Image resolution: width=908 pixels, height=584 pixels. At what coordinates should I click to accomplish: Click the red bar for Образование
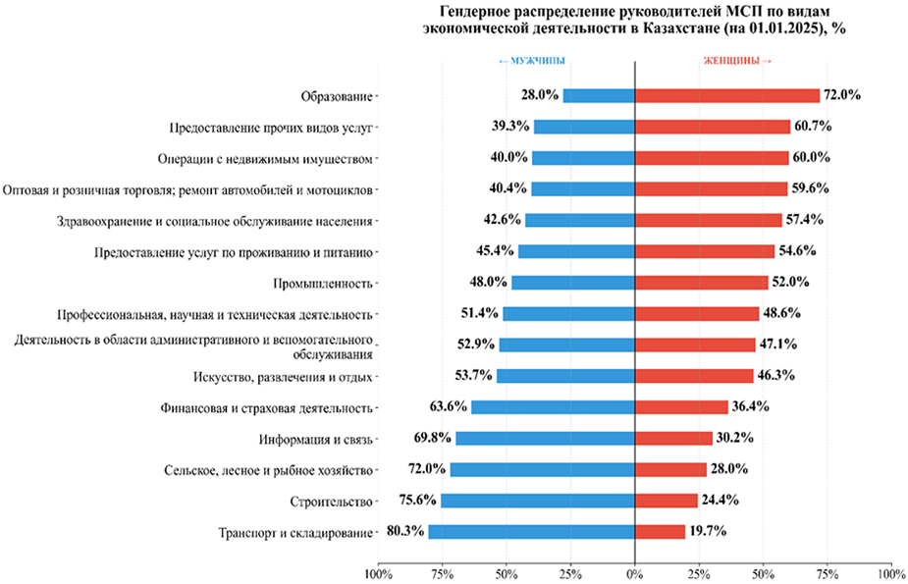pos(727,95)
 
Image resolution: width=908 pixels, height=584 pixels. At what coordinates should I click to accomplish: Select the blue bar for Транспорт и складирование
pos(531,532)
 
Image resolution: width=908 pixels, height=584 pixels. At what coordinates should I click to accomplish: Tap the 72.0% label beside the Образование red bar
pos(842,95)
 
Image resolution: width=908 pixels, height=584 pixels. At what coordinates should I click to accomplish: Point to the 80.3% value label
pos(405,532)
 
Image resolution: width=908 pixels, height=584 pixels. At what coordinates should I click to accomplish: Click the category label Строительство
pos(332,501)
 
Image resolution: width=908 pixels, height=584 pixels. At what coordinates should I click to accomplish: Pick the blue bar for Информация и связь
pos(545,438)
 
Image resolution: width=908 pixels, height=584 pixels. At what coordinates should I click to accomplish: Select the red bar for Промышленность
pos(701,283)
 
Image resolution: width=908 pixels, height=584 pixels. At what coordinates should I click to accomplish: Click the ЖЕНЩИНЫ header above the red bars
pos(736,61)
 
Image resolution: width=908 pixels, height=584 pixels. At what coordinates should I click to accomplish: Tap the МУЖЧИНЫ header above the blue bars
pos(532,61)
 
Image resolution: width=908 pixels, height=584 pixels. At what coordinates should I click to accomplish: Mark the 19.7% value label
pos(709,532)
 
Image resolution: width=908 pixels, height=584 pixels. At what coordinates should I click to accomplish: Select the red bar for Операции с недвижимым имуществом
pos(712,158)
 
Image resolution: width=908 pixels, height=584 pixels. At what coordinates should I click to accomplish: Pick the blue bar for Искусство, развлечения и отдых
pos(565,376)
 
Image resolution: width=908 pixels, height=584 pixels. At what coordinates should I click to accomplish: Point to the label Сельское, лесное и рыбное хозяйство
pos(268,469)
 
